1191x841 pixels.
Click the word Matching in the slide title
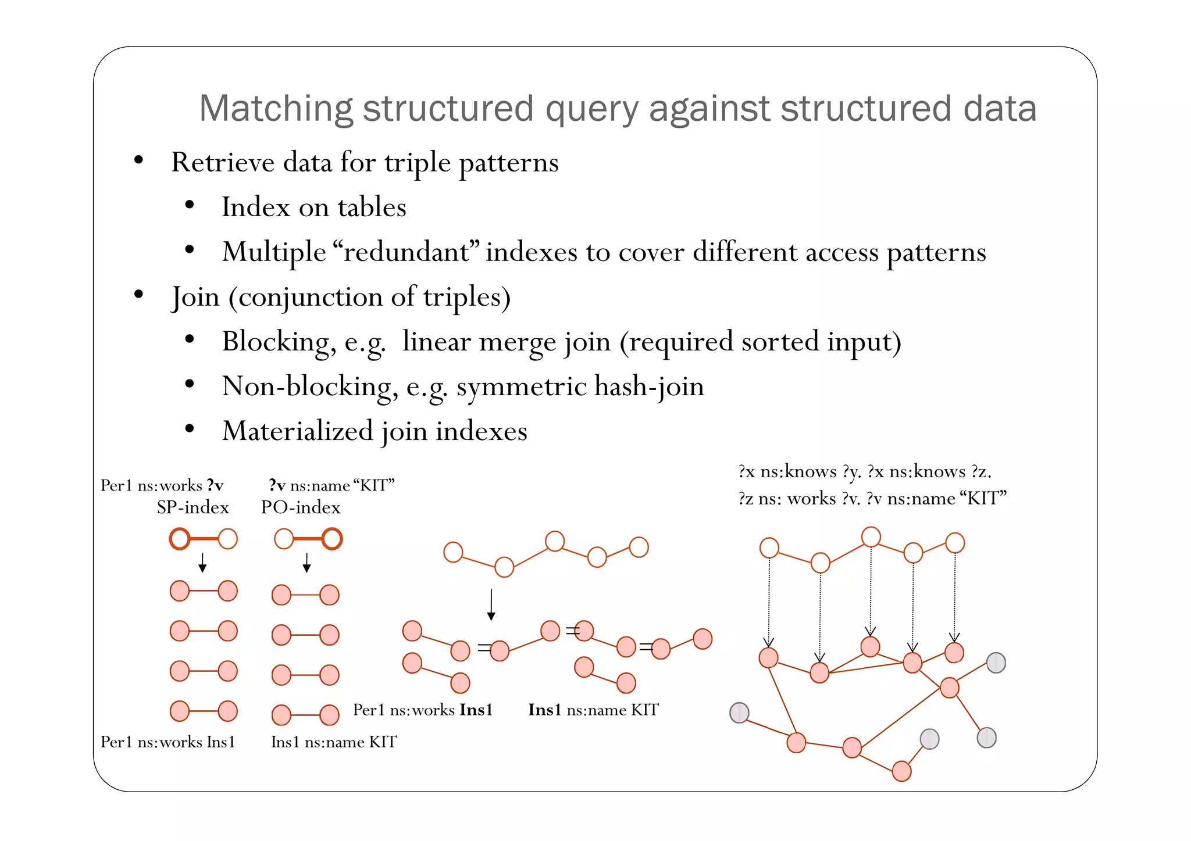click(x=276, y=109)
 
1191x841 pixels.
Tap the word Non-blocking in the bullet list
click(x=307, y=386)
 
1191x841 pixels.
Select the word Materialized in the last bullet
click(x=297, y=431)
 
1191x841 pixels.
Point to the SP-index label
click(x=192, y=507)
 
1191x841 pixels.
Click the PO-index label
click(x=300, y=507)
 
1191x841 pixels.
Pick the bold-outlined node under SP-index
click(x=180, y=539)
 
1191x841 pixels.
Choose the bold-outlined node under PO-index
click(x=331, y=539)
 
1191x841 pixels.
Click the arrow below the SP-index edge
click(x=202, y=563)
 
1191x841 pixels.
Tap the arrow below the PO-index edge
click(x=306, y=563)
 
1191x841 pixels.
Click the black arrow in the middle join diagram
click(x=491, y=605)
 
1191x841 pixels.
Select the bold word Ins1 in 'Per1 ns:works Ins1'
click(x=476, y=710)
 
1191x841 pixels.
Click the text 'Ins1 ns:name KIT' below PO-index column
click(x=334, y=742)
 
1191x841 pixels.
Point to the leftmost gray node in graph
click(x=739, y=713)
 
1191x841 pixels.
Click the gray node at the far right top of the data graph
click(x=996, y=663)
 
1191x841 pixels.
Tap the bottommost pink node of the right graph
click(x=901, y=771)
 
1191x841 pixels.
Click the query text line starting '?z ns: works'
click(x=872, y=499)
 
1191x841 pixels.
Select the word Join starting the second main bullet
click(x=195, y=297)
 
